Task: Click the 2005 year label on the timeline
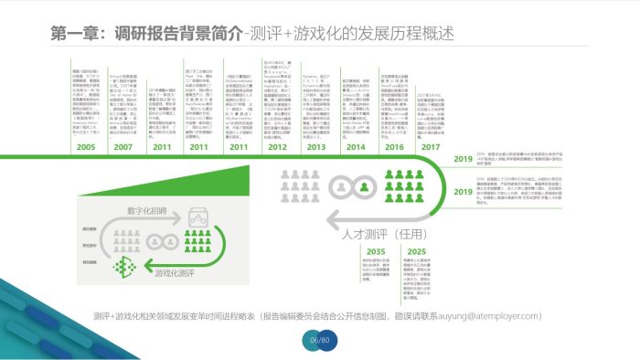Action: click(x=85, y=146)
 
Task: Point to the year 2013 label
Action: click(x=315, y=146)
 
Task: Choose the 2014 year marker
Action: click(x=355, y=146)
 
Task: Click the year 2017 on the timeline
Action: click(x=432, y=146)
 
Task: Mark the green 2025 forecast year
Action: click(x=417, y=251)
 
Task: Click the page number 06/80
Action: click(x=319, y=341)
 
